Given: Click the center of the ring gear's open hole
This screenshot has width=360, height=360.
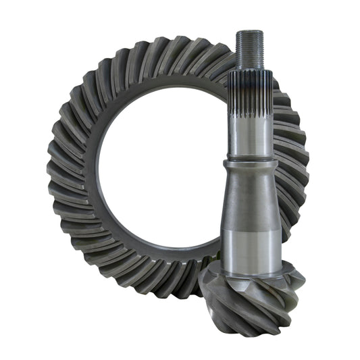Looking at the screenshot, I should [162, 169].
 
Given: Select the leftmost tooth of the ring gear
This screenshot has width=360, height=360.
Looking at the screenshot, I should [53, 169].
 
